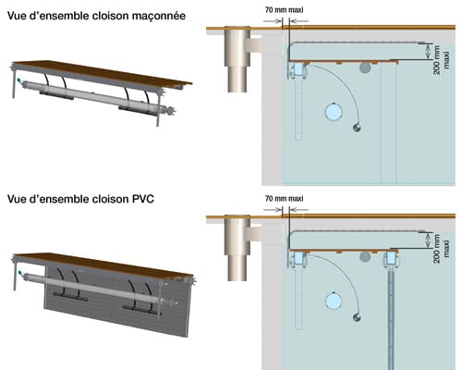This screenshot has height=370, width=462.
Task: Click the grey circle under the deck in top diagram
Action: pyautogui.click(x=366, y=68)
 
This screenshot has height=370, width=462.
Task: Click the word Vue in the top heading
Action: pyautogui.click(x=18, y=16)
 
